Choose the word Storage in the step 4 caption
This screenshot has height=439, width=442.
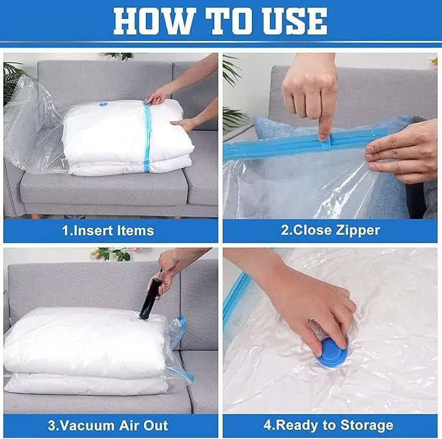point(364,425)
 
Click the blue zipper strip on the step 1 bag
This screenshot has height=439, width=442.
point(147,137)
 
